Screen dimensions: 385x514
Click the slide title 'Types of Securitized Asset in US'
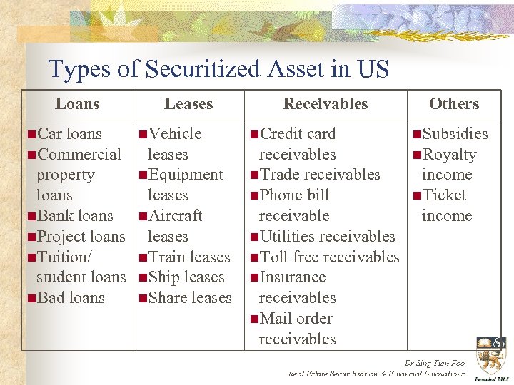[x=218, y=69]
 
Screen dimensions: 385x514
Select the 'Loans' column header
[x=77, y=104]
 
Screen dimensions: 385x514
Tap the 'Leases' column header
[x=188, y=104]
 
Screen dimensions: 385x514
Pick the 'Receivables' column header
[x=325, y=104]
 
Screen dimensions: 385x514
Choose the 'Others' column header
[x=454, y=104]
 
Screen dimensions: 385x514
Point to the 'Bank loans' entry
[x=74, y=216]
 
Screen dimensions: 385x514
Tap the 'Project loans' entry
[x=80, y=237]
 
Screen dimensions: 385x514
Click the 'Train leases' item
[x=188, y=257]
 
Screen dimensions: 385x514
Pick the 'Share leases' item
[x=189, y=298]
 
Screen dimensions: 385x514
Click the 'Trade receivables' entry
[x=319, y=175]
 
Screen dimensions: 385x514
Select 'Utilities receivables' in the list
[x=326, y=237]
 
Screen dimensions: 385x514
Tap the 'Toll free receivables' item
[x=328, y=257]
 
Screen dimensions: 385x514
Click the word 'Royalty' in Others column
[x=449, y=155]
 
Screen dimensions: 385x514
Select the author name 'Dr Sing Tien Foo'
[x=434, y=363]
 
